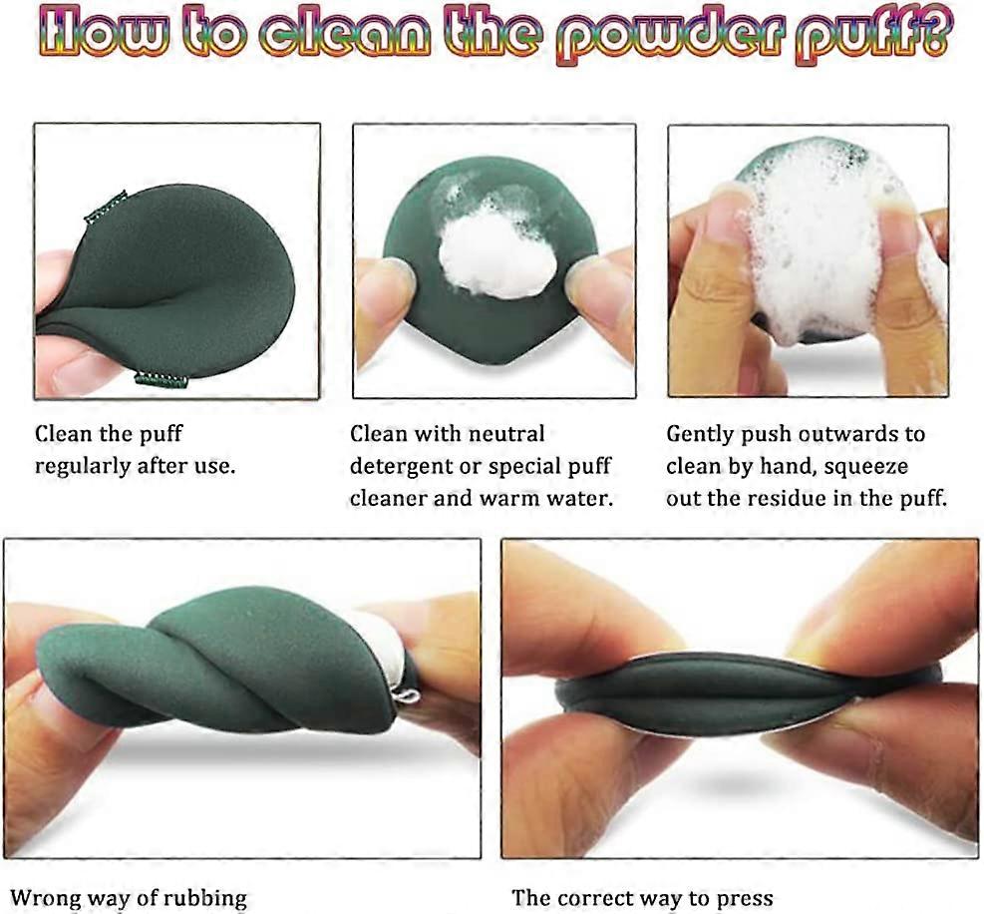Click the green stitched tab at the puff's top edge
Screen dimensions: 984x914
coord(106,208)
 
